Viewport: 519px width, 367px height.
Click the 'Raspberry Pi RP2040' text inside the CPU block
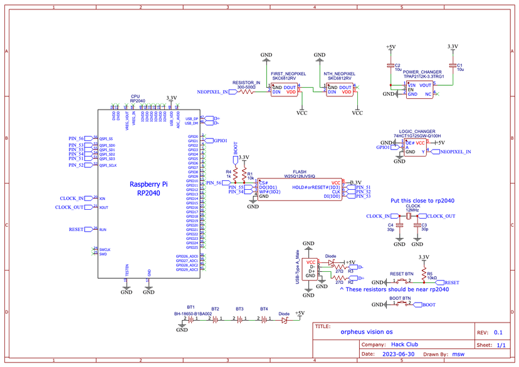[149, 189]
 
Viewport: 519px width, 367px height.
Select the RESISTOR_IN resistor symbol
[246, 91]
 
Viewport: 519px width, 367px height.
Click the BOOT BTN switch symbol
[402, 305]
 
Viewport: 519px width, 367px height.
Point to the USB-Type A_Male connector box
[310, 270]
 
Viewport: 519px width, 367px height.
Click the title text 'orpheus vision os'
[367, 333]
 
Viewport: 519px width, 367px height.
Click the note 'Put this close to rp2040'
[422, 201]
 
